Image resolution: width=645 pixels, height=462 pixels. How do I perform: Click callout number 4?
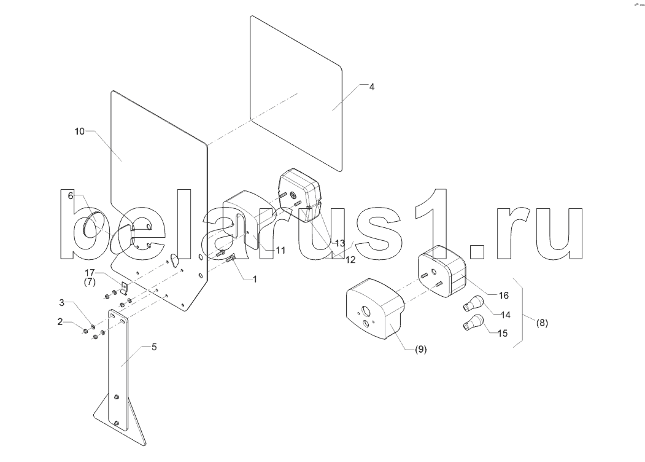click(x=371, y=87)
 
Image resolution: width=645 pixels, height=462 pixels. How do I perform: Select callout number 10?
click(x=79, y=131)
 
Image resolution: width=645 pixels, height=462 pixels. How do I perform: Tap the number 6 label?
click(x=71, y=195)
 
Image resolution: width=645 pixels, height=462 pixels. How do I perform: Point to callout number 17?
click(x=90, y=273)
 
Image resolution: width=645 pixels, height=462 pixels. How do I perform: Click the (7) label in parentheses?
click(x=90, y=281)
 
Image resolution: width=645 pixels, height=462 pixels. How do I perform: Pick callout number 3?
click(x=61, y=303)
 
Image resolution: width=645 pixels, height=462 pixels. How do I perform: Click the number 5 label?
click(x=154, y=347)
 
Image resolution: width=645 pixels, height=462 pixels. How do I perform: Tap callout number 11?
click(x=280, y=251)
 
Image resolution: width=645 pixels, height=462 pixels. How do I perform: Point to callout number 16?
click(x=503, y=296)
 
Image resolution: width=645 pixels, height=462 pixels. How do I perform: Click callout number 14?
click(x=505, y=315)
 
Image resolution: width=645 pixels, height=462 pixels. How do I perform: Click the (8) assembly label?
click(x=541, y=321)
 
